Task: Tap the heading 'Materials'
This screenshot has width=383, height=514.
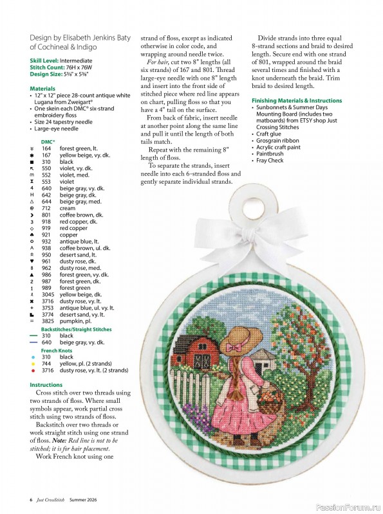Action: pyautogui.click(x=42, y=88)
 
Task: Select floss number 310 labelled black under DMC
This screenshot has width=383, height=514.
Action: pyautogui.click(x=46, y=161)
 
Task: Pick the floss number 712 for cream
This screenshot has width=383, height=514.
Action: pyautogui.click(x=46, y=208)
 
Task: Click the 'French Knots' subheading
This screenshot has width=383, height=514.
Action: pyautogui.click(x=57, y=350)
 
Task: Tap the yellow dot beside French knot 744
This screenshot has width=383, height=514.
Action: pyautogui.click(x=32, y=364)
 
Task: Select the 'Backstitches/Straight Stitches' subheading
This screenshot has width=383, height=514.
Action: pyautogui.click(x=76, y=329)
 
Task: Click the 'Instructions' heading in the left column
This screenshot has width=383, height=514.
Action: pyautogui.click(x=46, y=385)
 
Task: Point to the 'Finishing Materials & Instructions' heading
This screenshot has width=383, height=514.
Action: pyautogui.click(x=296, y=101)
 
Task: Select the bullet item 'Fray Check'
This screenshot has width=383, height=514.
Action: pyautogui.click(x=270, y=161)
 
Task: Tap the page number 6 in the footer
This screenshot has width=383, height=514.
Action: pyautogui.click(x=31, y=499)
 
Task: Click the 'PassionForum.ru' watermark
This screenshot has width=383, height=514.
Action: pyautogui.click(x=350, y=505)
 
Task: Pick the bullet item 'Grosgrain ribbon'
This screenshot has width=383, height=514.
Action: pyautogui.click(x=278, y=140)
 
